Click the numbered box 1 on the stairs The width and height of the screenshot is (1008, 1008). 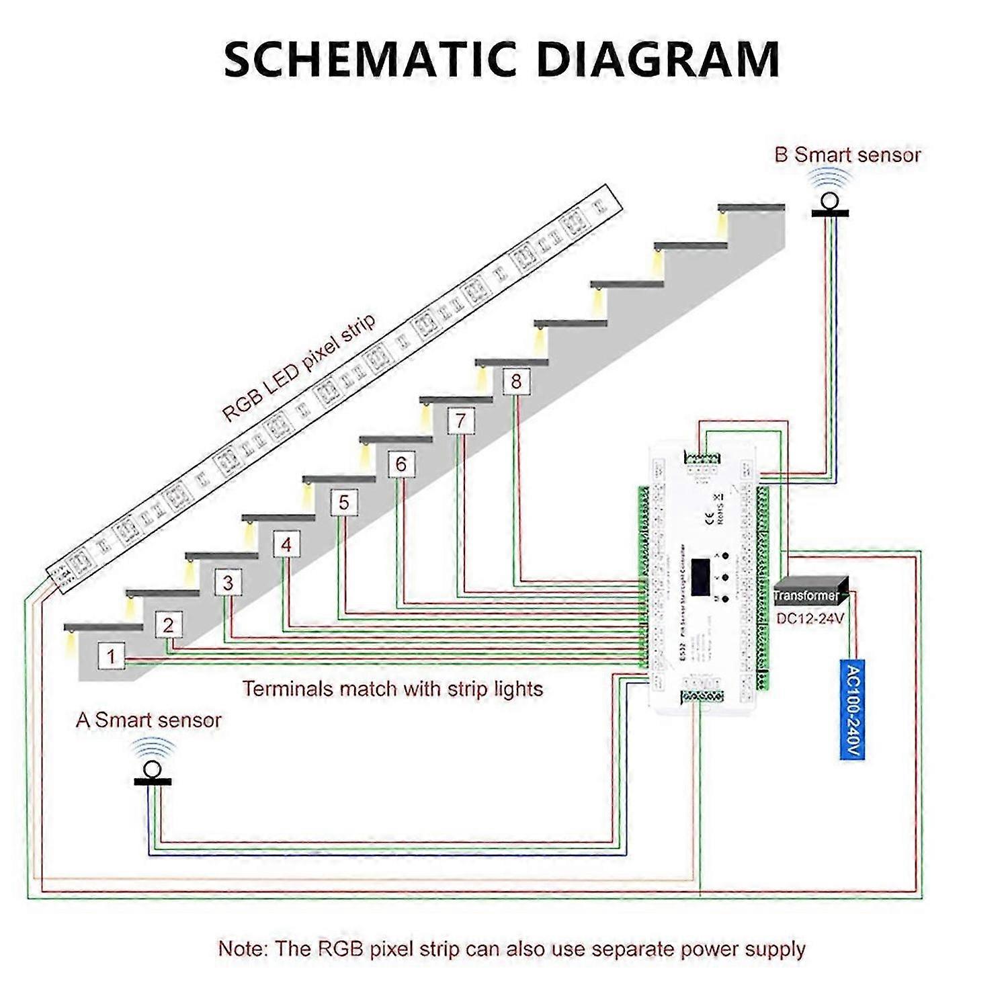click(x=112, y=656)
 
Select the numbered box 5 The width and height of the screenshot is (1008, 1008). click(x=344, y=503)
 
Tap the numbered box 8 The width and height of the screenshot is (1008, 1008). click(x=516, y=382)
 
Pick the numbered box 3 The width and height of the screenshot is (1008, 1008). click(x=228, y=583)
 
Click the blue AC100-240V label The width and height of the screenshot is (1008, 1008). click(x=851, y=710)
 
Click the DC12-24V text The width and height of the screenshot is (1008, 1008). click(x=810, y=618)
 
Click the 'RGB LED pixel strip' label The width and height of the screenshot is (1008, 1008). click(x=299, y=368)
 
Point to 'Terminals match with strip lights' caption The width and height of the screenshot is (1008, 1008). click(x=392, y=689)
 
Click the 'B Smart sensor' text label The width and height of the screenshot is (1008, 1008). click(x=847, y=155)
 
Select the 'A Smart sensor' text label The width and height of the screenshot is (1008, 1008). click(x=149, y=720)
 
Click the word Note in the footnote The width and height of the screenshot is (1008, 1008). click(x=242, y=949)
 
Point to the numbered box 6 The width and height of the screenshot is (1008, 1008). click(x=401, y=464)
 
